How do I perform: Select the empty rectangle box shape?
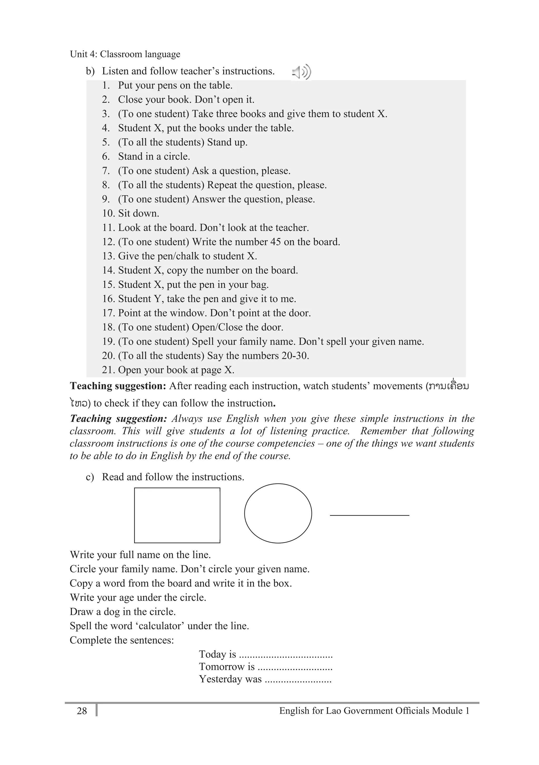(177, 515)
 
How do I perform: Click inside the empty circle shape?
(278, 513)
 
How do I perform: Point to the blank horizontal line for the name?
(369, 515)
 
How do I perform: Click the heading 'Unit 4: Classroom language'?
(125, 54)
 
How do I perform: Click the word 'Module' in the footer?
(447, 711)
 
